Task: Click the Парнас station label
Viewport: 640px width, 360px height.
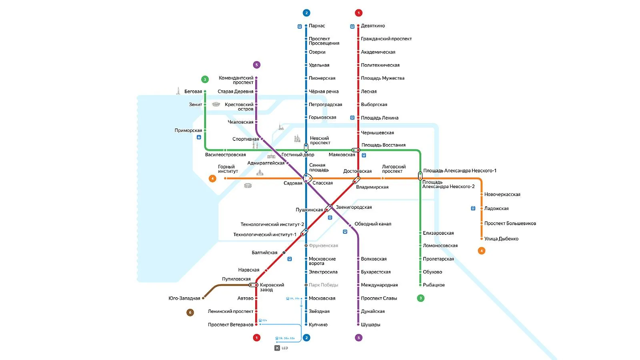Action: [316, 26]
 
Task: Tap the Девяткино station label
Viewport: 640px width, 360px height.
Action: [372, 26]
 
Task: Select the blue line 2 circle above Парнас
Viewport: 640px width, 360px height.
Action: [306, 13]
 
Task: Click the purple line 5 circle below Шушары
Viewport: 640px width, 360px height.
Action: [358, 338]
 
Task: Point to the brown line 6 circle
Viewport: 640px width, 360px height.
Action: [190, 312]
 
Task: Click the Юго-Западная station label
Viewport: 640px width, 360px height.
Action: [184, 298]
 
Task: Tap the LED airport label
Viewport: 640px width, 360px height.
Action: [284, 348]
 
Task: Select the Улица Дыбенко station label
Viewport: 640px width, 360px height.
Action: [501, 239]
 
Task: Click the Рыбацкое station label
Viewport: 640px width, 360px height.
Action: [434, 285]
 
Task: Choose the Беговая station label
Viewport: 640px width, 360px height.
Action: [193, 92]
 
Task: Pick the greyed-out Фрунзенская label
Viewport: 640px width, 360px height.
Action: [323, 246]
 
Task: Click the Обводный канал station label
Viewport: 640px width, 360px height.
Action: [372, 224]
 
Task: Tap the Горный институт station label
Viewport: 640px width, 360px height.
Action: [228, 169]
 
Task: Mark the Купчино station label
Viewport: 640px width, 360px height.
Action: [318, 324]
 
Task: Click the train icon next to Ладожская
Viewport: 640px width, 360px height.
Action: [473, 208]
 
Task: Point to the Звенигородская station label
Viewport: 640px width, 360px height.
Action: [354, 207]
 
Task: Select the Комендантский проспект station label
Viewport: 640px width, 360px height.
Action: [236, 80]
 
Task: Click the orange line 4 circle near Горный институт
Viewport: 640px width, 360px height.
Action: [212, 178]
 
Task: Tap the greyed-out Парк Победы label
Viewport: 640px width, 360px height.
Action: [323, 285]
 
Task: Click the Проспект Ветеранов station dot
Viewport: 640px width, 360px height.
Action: [256, 324]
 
